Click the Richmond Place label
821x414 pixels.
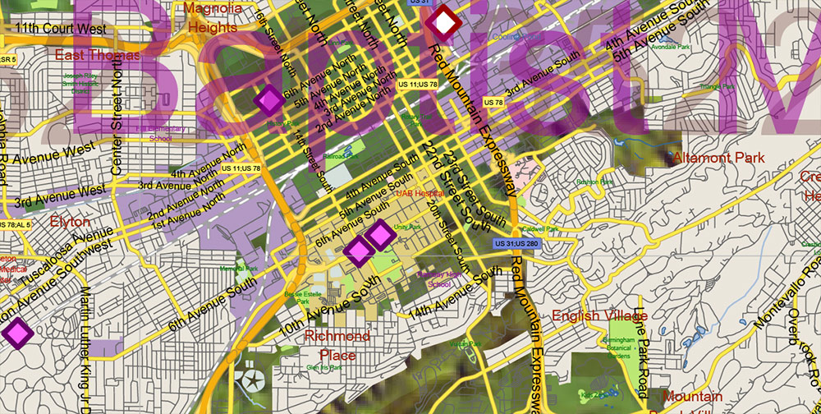pos(337,346)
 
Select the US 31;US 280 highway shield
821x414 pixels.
pos(515,244)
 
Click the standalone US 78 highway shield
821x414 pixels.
pos(493,102)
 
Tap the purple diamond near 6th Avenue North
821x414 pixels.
pos(268,100)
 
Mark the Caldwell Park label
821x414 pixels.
pos(539,228)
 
